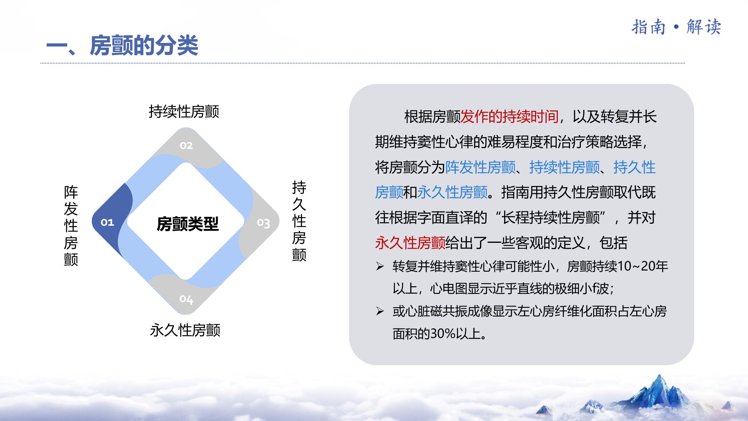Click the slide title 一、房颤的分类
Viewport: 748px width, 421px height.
pos(122,45)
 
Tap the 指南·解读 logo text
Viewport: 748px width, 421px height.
pos(676,27)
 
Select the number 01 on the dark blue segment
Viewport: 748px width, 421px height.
pos(107,222)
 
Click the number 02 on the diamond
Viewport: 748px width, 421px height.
pos(186,145)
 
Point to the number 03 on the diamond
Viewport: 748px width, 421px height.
pos(263,223)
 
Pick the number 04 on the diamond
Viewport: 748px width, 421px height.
pos(186,299)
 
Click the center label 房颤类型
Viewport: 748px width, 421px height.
pos(187,224)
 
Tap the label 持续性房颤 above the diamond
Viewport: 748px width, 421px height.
pos(184,111)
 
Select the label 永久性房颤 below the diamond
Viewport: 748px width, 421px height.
pos(185,330)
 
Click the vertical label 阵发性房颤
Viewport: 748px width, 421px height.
pos(71,226)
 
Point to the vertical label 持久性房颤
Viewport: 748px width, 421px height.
pos(299,221)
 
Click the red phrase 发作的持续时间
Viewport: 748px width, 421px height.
pos(510,117)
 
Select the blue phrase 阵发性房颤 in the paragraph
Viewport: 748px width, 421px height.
pos(480,167)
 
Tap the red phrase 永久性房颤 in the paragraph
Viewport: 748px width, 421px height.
pos(410,243)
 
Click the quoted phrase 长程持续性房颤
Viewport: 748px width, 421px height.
pos(550,218)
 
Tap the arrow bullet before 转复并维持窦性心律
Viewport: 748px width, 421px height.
pos(380,266)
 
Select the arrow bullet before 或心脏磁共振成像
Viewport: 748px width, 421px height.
pos(380,311)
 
